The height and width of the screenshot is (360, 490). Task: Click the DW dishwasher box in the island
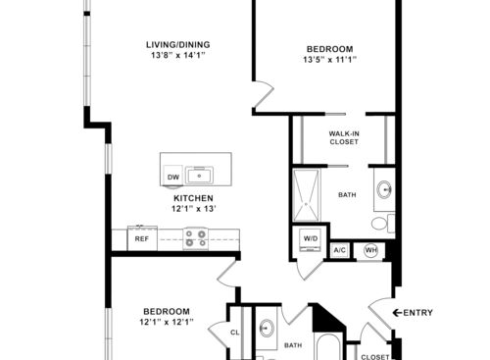[173, 176]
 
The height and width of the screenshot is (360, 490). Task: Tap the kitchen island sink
[199, 175]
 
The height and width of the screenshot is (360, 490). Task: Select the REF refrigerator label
[142, 239]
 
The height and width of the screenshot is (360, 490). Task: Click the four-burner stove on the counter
[196, 238]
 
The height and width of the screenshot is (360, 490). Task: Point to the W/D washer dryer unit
[311, 239]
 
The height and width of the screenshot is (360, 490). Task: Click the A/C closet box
[340, 250]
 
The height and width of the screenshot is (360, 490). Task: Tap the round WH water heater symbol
[371, 250]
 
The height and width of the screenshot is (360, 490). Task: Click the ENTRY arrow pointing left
[397, 313]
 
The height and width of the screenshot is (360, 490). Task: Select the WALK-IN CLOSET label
[344, 137]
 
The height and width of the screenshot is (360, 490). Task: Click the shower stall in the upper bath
[306, 195]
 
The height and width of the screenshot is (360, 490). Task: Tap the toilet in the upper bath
[383, 223]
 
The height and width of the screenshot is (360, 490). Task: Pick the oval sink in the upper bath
[384, 189]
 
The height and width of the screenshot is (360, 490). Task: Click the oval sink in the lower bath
[267, 328]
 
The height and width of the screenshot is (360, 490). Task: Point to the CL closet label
[235, 333]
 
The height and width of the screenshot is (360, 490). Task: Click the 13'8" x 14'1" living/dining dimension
[177, 55]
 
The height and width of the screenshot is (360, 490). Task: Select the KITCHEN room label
[193, 198]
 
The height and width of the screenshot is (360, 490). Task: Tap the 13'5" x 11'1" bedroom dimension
[329, 60]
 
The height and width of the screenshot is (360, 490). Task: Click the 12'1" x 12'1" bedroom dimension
[167, 322]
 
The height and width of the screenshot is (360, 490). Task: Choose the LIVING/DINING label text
[178, 44]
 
